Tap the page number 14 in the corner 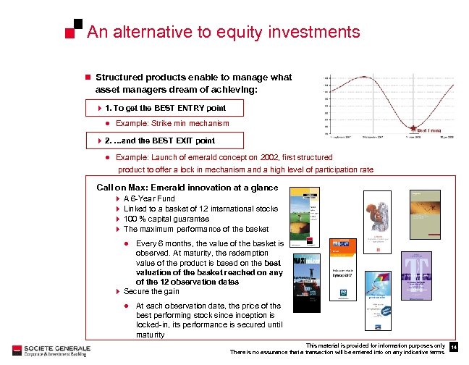453,348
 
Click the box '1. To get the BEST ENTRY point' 165,108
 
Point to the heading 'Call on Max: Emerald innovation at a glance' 187,188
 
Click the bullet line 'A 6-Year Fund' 149,198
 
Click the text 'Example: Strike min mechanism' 172,124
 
